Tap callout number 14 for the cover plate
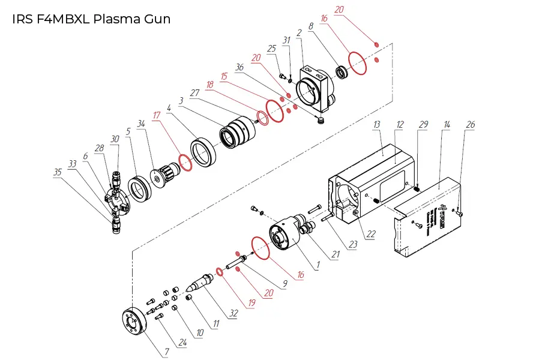(x=446, y=124)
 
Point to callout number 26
(x=470, y=124)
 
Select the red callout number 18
(x=209, y=85)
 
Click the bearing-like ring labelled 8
(x=343, y=73)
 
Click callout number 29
(x=424, y=124)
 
